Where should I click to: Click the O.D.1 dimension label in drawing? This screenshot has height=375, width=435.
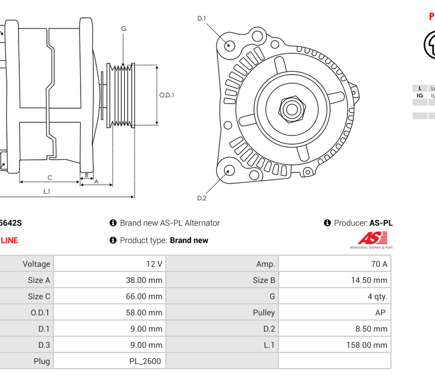166,95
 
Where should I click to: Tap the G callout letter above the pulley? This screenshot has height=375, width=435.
124,28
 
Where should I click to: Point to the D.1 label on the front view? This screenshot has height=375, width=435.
201,19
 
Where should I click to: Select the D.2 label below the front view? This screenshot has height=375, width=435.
201,198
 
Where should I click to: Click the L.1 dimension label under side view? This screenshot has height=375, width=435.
46,191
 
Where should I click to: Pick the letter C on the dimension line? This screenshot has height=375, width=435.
50,178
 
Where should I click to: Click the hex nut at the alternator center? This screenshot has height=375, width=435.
292,108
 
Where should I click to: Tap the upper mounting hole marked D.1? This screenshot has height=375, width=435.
230,45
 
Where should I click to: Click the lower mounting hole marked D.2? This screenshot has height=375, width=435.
230,170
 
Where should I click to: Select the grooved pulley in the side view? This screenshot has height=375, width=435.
121,95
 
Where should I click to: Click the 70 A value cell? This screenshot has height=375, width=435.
379,264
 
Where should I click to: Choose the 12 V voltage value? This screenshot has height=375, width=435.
154,264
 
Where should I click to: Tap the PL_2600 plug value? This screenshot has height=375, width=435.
145,361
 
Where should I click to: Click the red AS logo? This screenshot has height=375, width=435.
372,238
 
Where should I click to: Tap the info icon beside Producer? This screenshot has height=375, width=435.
328,223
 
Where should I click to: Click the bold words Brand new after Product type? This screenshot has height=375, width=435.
189,240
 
